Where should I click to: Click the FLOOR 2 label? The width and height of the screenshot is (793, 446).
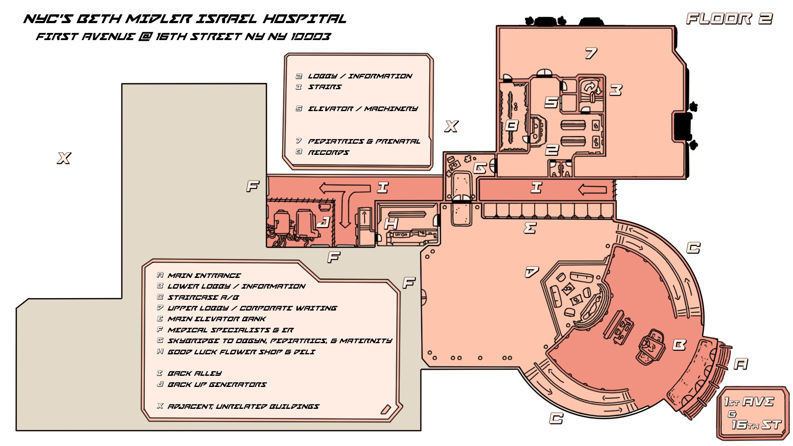pos(729,19)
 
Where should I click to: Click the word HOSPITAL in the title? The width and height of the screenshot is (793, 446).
pos(305,19)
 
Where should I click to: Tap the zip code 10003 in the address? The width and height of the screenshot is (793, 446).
pos(310,37)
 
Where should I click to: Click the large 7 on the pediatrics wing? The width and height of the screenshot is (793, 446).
pos(591,53)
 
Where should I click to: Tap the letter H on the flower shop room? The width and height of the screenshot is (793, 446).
pos(391,223)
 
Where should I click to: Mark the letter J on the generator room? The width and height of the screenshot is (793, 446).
pos(323,222)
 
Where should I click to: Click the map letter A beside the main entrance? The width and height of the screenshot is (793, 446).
pos(741,364)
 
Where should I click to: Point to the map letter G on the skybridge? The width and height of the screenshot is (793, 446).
pos(480,168)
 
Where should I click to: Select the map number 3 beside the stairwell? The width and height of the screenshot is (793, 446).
pos(616,90)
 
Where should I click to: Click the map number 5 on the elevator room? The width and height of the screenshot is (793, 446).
pos(551,102)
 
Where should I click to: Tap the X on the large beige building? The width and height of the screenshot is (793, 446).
pos(64,158)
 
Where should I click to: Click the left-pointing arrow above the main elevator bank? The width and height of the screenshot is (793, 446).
pos(592,190)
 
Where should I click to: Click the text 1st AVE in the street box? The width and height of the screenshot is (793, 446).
pos(749,401)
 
